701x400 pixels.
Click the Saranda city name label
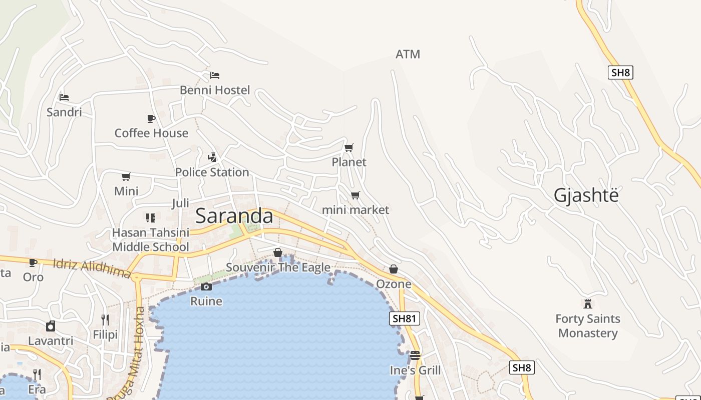pos(234,216)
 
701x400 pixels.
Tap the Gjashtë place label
pos(586,195)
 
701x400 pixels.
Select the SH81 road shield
pos(404,318)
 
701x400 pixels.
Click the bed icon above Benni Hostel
pos(215,75)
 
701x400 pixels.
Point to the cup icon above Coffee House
pos(151,118)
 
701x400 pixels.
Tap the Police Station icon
pos(212,157)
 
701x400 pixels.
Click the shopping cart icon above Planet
pos(349,147)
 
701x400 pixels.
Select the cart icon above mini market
pos(355,195)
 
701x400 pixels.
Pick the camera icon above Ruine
pos(206,286)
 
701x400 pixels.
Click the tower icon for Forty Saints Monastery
pos(588,303)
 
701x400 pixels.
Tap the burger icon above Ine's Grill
pos(415,355)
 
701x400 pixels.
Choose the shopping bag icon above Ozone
pos(394,269)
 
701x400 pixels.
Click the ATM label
pos(408,54)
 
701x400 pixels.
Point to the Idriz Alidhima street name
pos(92,268)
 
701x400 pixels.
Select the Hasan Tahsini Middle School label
pos(151,239)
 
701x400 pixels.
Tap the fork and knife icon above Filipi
pos(105,319)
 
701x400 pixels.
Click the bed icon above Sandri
pos(64,97)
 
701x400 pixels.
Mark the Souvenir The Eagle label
pos(278,267)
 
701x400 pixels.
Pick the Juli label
pos(180,203)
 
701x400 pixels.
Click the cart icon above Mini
pos(126,176)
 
